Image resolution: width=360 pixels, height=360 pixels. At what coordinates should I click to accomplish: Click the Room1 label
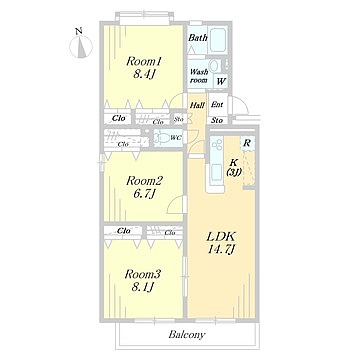click(x=144, y=61)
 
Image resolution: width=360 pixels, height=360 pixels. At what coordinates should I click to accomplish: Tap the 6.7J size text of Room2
click(x=144, y=193)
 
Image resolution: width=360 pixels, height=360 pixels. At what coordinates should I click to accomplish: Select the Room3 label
click(x=143, y=274)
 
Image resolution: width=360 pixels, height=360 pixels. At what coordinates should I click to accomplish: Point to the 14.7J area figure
click(x=221, y=249)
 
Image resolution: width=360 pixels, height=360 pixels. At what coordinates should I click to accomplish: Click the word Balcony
click(x=187, y=335)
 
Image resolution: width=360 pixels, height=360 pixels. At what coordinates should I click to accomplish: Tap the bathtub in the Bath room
click(x=218, y=40)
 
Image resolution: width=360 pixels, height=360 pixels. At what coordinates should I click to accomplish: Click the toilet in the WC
click(x=164, y=138)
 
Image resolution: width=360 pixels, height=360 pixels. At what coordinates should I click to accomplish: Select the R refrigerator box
click(x=247, y=144)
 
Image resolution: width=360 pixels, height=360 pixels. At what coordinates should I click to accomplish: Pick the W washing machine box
click(x=221, y=81)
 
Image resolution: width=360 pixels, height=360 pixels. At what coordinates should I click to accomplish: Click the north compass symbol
click(x=81, y=46)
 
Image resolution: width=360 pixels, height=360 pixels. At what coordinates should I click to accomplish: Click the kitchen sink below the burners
click(x=216, y=173)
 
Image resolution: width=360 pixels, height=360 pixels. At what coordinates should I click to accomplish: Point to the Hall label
click(x=197, y=105)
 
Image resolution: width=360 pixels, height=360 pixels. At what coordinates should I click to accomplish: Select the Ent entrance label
click(x=217, y=105)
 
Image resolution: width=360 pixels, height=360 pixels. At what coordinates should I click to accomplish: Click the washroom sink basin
click(x=214, y=65)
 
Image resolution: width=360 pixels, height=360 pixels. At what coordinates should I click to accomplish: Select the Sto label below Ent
click(x=217, y=120)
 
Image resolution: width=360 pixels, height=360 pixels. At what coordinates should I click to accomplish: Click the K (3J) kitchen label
click(x=235, y=168)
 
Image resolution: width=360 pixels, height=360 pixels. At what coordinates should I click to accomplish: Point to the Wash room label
click(x=199, y=76)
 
